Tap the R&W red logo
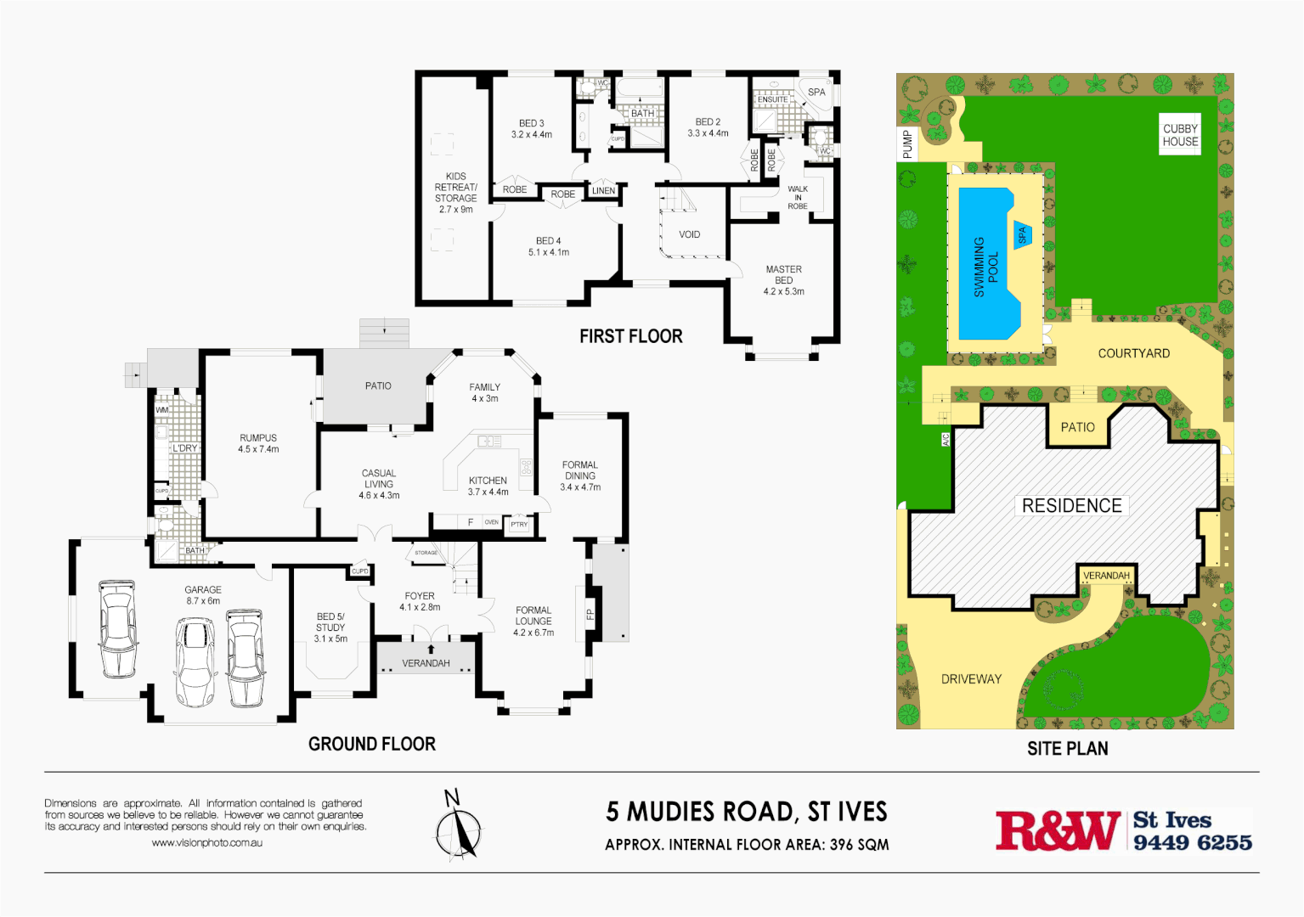1057,830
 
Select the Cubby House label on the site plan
1180,135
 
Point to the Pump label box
907,144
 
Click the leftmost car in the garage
116,628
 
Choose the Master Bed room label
783,280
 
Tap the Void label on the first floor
689,234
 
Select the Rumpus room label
258,443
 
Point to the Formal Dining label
580,475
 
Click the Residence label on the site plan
1071,506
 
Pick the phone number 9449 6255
1192,842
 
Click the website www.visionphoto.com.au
206,843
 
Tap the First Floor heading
630,336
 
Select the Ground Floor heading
371,744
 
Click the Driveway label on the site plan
971,679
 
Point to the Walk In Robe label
797,197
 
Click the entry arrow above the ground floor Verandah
431,649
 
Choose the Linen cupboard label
603,191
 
